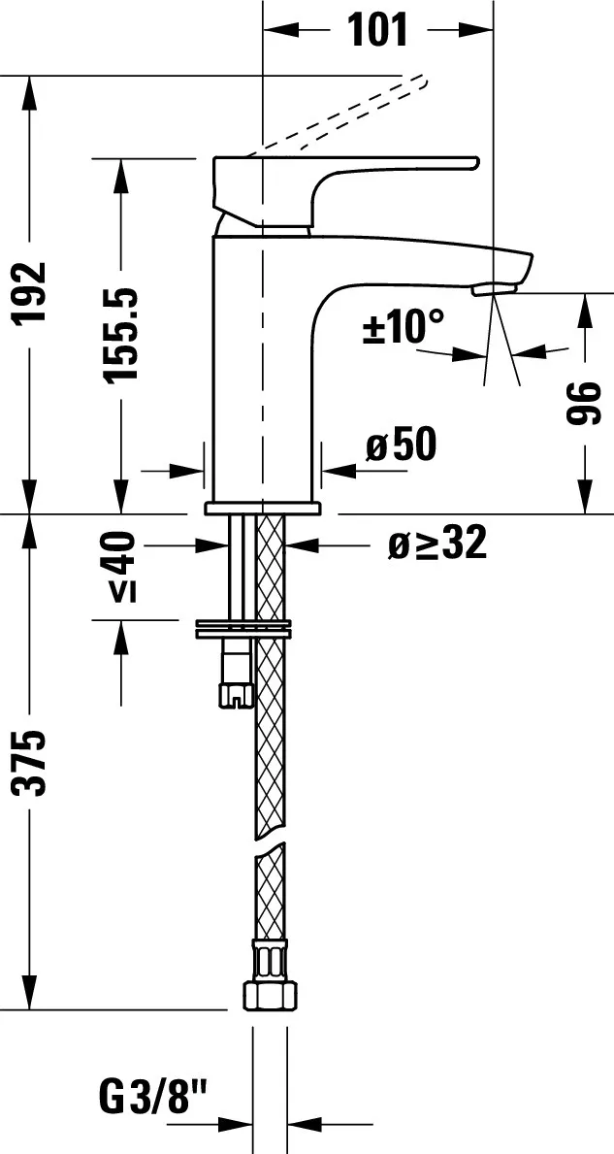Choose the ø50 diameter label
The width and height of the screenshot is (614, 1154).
point(402,445)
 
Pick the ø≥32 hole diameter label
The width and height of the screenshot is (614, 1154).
point(436,545)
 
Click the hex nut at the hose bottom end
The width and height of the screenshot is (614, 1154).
point(271,994)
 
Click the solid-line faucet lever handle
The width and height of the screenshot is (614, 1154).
point(339,184)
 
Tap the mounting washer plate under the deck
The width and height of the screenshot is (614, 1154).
point(242,629)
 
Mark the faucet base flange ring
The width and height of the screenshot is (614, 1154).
point(262,508)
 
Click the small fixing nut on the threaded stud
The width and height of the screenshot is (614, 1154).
point(235,692)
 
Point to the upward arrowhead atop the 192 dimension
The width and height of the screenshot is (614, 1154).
point(32,92)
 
